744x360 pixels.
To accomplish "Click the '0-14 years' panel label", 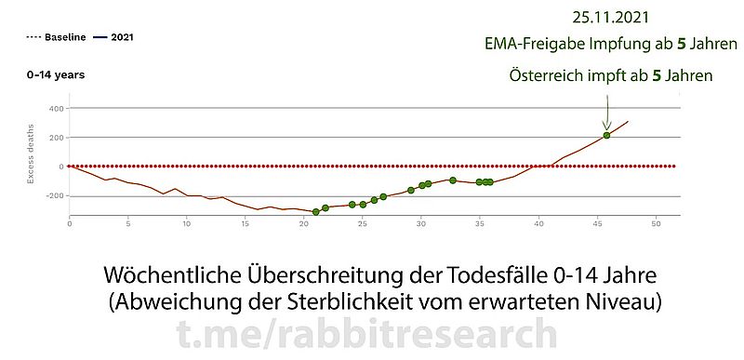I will click(x=55, y=74).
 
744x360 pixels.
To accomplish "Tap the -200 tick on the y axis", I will click(x=52, y=196).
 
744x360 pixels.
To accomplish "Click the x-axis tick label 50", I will click(x=657, y=223).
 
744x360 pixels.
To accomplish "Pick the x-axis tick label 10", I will click(x=187, y=223).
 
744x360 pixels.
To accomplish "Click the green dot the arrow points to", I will click(x=606, y=136).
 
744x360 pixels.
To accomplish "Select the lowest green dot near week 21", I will click(x=316, y=212).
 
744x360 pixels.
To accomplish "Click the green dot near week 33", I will click(x=453, y=180).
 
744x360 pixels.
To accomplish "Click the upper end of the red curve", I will click(x=628, y=121).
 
